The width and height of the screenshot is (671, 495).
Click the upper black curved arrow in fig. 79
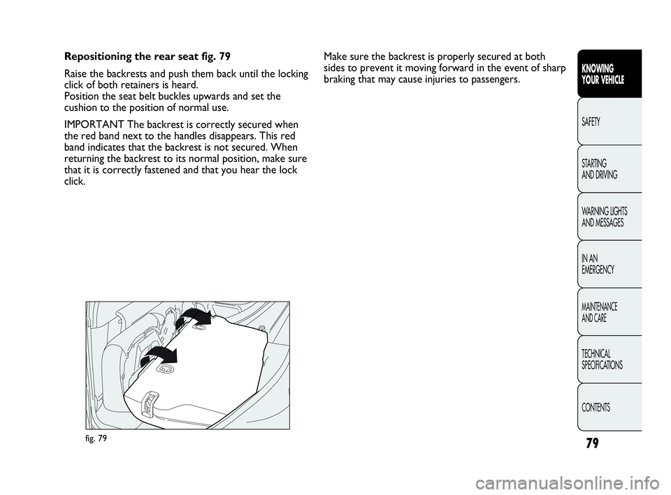(194, 316)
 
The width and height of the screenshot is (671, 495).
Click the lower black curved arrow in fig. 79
(159, 353)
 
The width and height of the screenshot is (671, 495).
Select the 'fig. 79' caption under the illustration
(96, 438)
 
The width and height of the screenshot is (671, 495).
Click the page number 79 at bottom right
(592, 443)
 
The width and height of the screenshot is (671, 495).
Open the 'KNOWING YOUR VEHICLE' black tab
(609, 74)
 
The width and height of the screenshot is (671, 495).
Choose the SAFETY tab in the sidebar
(609, 121)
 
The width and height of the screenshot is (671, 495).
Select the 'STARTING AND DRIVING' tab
(609, 169)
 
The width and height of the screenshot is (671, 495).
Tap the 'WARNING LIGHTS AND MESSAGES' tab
(609, 216)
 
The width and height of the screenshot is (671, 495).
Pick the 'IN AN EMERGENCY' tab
(609, 264)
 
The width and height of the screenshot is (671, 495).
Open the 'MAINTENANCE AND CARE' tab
(609, 312)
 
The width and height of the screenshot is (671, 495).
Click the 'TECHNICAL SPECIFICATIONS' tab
(609, 360)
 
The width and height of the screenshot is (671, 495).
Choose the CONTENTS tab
(609, 407)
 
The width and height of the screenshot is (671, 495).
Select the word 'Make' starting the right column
(334, 57)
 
